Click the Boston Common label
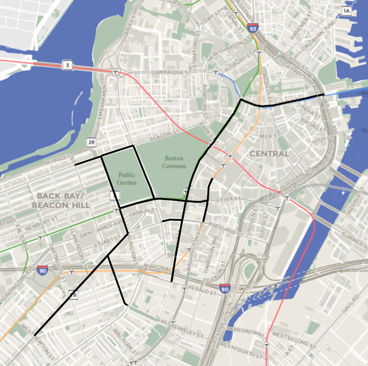tap(175, 162)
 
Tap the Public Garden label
tap(127, 178)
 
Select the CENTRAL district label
tap(269, 154)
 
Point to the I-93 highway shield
tap(253, 27)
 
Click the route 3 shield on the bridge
tap(67, 66)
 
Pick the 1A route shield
tap(346, 10)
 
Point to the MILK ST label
tap(269, 136)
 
